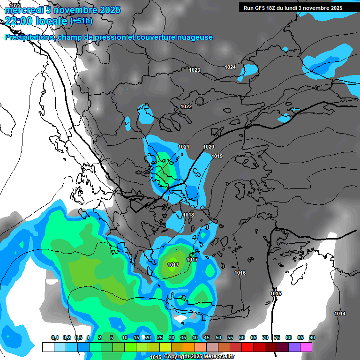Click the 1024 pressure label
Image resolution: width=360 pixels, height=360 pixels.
[230, 67]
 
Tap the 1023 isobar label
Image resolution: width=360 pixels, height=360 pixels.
[195, 70]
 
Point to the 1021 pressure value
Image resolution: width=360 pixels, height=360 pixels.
[183, 147]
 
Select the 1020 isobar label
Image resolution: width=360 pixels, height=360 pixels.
[209, 147]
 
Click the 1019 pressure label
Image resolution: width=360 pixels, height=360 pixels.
[217, 157]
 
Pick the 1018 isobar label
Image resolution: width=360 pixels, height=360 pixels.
[188, 215]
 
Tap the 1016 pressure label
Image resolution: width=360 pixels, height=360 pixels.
[240, 273]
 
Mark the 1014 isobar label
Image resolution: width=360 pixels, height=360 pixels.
[340, 314]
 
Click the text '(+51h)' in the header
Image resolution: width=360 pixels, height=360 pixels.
[81, 21]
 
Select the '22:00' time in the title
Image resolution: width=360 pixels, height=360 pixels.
[18, 21]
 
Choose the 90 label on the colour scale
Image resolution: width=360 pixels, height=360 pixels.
[312, 337]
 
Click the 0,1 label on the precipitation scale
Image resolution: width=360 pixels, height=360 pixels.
[54, 337]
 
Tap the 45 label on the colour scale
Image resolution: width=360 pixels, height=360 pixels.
[207, 337]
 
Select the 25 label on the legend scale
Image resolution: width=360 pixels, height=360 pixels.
[160, 337]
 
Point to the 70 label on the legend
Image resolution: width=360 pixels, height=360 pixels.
[265, 337]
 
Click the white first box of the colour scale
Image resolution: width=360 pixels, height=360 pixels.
[48, 347]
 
